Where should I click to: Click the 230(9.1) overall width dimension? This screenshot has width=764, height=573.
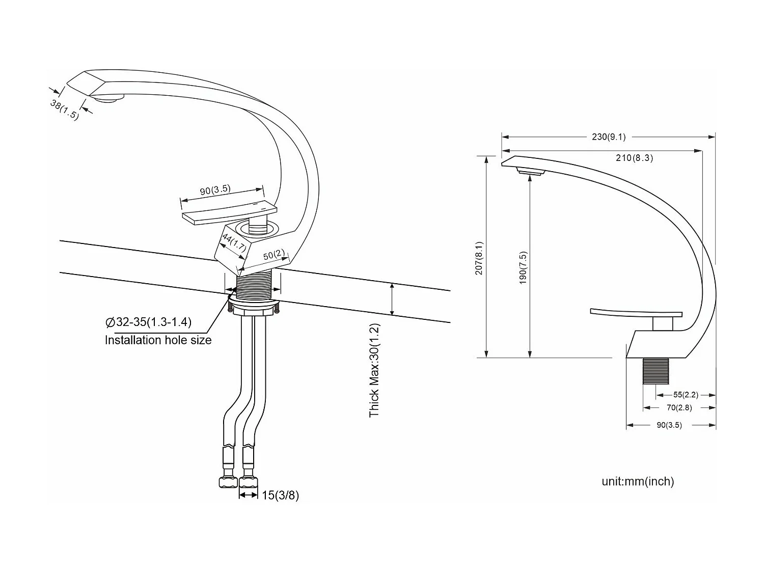click(x=609, y=137)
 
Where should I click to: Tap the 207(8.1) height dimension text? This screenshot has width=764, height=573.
click(x=479, y=258)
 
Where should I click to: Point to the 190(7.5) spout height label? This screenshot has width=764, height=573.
click(x=523, y=268)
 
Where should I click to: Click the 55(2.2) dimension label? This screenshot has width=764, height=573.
click(x=686, y=395)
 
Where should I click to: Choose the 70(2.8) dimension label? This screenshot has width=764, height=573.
click(x=679, y=407)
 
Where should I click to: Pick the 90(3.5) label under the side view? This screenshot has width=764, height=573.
click(x=669, y=425)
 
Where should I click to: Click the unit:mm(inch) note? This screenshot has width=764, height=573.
click(x=638, y=481)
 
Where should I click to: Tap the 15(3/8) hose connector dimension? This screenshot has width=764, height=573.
click(x=280, y=495)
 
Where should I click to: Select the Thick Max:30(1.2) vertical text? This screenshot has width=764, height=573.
click(x=375, y=370)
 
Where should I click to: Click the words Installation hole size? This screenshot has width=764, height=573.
click(x=158, y=340)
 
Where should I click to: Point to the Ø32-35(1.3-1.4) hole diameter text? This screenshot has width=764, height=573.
click(x=148, y=322)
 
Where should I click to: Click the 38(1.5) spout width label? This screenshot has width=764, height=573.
click(x=65, y=110)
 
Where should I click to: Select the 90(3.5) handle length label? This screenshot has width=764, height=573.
click(x=215, y=190)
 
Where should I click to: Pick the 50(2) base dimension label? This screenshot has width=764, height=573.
click(x=274, y=255)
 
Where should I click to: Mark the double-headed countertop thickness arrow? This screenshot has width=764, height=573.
click(x=392, y=299)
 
